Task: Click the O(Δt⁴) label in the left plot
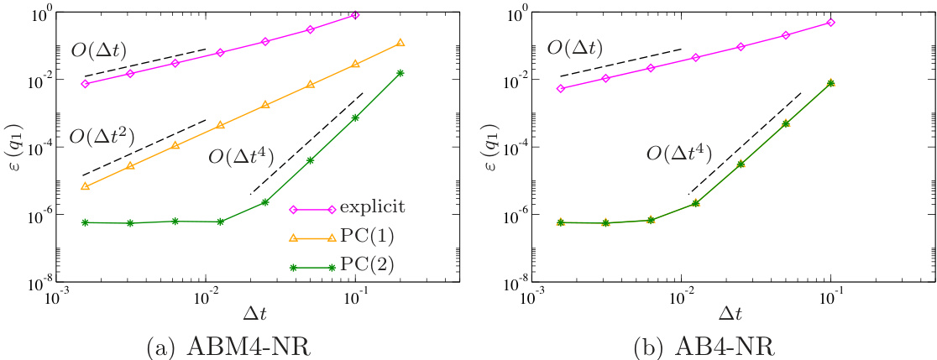pyautogui.click(x=243, y=155)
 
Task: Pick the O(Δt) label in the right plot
pyautogui.click(x=577, y=49)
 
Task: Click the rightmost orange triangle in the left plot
pyautogui.click(x=400, y=43)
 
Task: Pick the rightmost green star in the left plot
pyautogui.click(x=400, y=73)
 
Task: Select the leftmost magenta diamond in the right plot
pyautogui.click(x=560, y=88)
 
